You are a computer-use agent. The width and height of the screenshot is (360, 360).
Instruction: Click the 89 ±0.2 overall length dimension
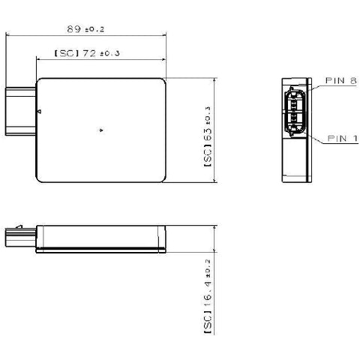tap(85, 31)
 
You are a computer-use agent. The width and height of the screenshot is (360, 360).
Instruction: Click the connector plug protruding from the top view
tap(19, 114)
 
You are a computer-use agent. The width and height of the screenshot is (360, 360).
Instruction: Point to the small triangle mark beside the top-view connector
tap(37, 111)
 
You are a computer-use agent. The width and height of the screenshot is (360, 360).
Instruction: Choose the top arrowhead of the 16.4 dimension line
tap(216, 227)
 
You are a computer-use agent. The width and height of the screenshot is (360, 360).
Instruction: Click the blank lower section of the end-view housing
tap(295, 165)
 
